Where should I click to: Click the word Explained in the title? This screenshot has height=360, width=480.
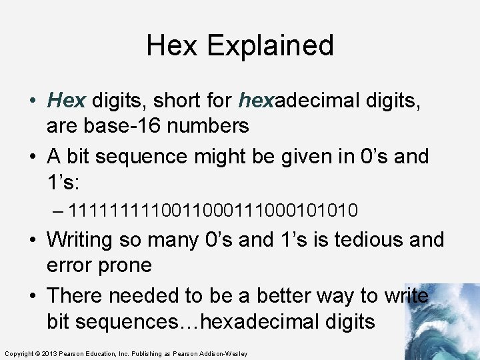pos(270,45)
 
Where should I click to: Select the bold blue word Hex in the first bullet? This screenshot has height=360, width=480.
pos(67,101)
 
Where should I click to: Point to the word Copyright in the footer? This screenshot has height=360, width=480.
pos(19,353)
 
